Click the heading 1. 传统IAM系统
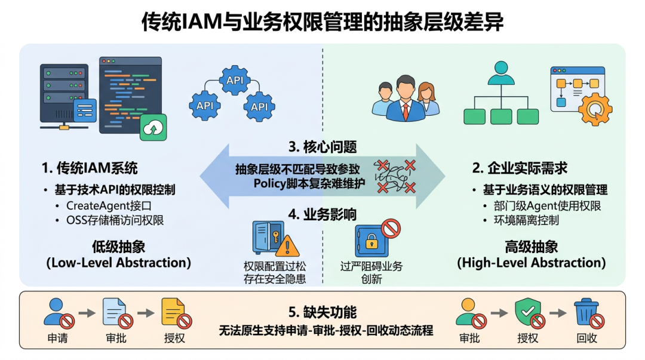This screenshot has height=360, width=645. click(90, 168)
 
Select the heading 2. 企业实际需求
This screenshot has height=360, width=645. click(520, 168)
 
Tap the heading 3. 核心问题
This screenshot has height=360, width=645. click(322, 147)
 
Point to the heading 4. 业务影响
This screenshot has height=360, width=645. click(322, 214)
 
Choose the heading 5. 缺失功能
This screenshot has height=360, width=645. click(322, 312)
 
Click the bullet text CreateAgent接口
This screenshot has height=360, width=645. click(109, 205)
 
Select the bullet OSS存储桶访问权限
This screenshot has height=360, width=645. click(115, 220)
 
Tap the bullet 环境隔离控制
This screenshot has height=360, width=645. click(526, 220)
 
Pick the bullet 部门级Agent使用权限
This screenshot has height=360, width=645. click(548, 205)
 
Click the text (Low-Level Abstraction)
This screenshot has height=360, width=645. click(118, 263)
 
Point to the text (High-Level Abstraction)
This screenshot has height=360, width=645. click(532, 263)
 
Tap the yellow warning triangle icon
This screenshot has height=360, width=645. click(287, 245)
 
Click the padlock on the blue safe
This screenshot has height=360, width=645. click(371, 241)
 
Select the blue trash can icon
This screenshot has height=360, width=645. click(586, 312)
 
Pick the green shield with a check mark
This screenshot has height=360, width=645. click(528, 312)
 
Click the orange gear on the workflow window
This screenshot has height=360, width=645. click(595, 109)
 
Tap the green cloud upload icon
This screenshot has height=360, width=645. click(153, 128)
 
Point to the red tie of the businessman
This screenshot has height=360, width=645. click(406, 112)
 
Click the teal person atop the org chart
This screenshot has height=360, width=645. click(501, 73)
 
